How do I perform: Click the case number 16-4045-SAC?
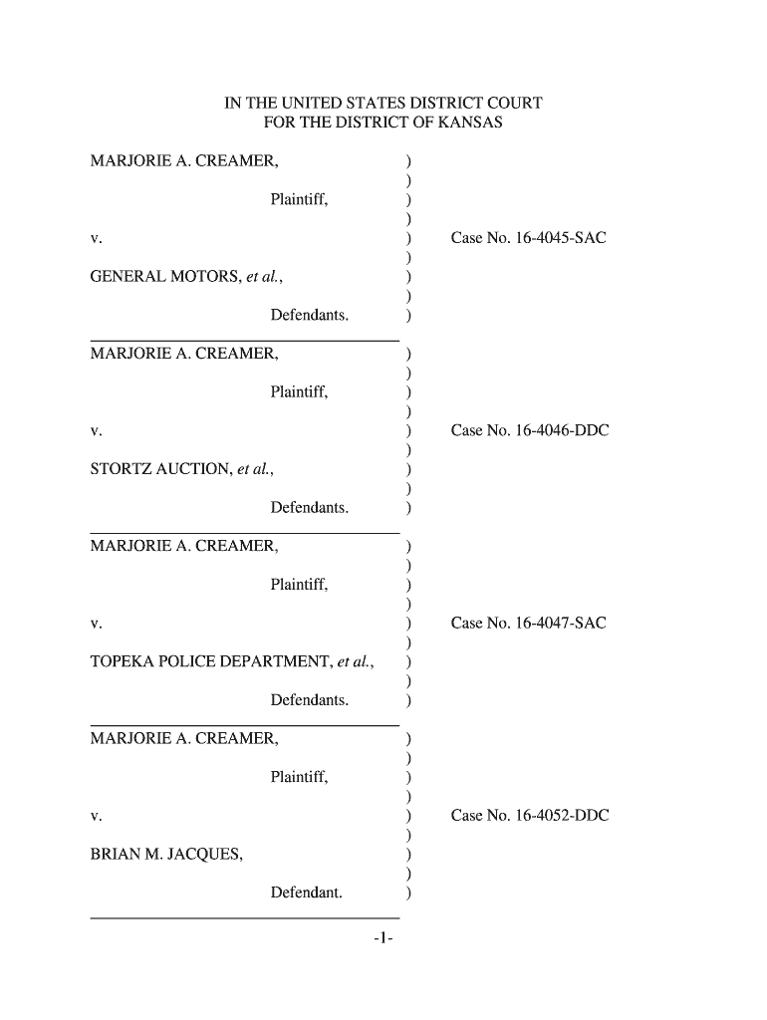[528, 239]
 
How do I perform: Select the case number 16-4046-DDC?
[530, 431]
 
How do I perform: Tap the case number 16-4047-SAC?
[528, 624]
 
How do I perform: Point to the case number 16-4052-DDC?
[530, 816]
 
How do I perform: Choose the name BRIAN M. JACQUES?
[165, 854]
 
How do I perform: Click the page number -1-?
[384, 938]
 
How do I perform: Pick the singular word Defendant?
[306, 892]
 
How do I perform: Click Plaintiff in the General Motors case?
[299, 200]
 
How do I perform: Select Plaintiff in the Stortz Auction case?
[299, 392]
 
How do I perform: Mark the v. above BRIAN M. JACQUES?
[96, 817]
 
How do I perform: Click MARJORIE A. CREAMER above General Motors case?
[184, 161]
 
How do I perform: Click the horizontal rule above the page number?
[244, 916]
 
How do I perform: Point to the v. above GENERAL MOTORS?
[96, 240]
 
